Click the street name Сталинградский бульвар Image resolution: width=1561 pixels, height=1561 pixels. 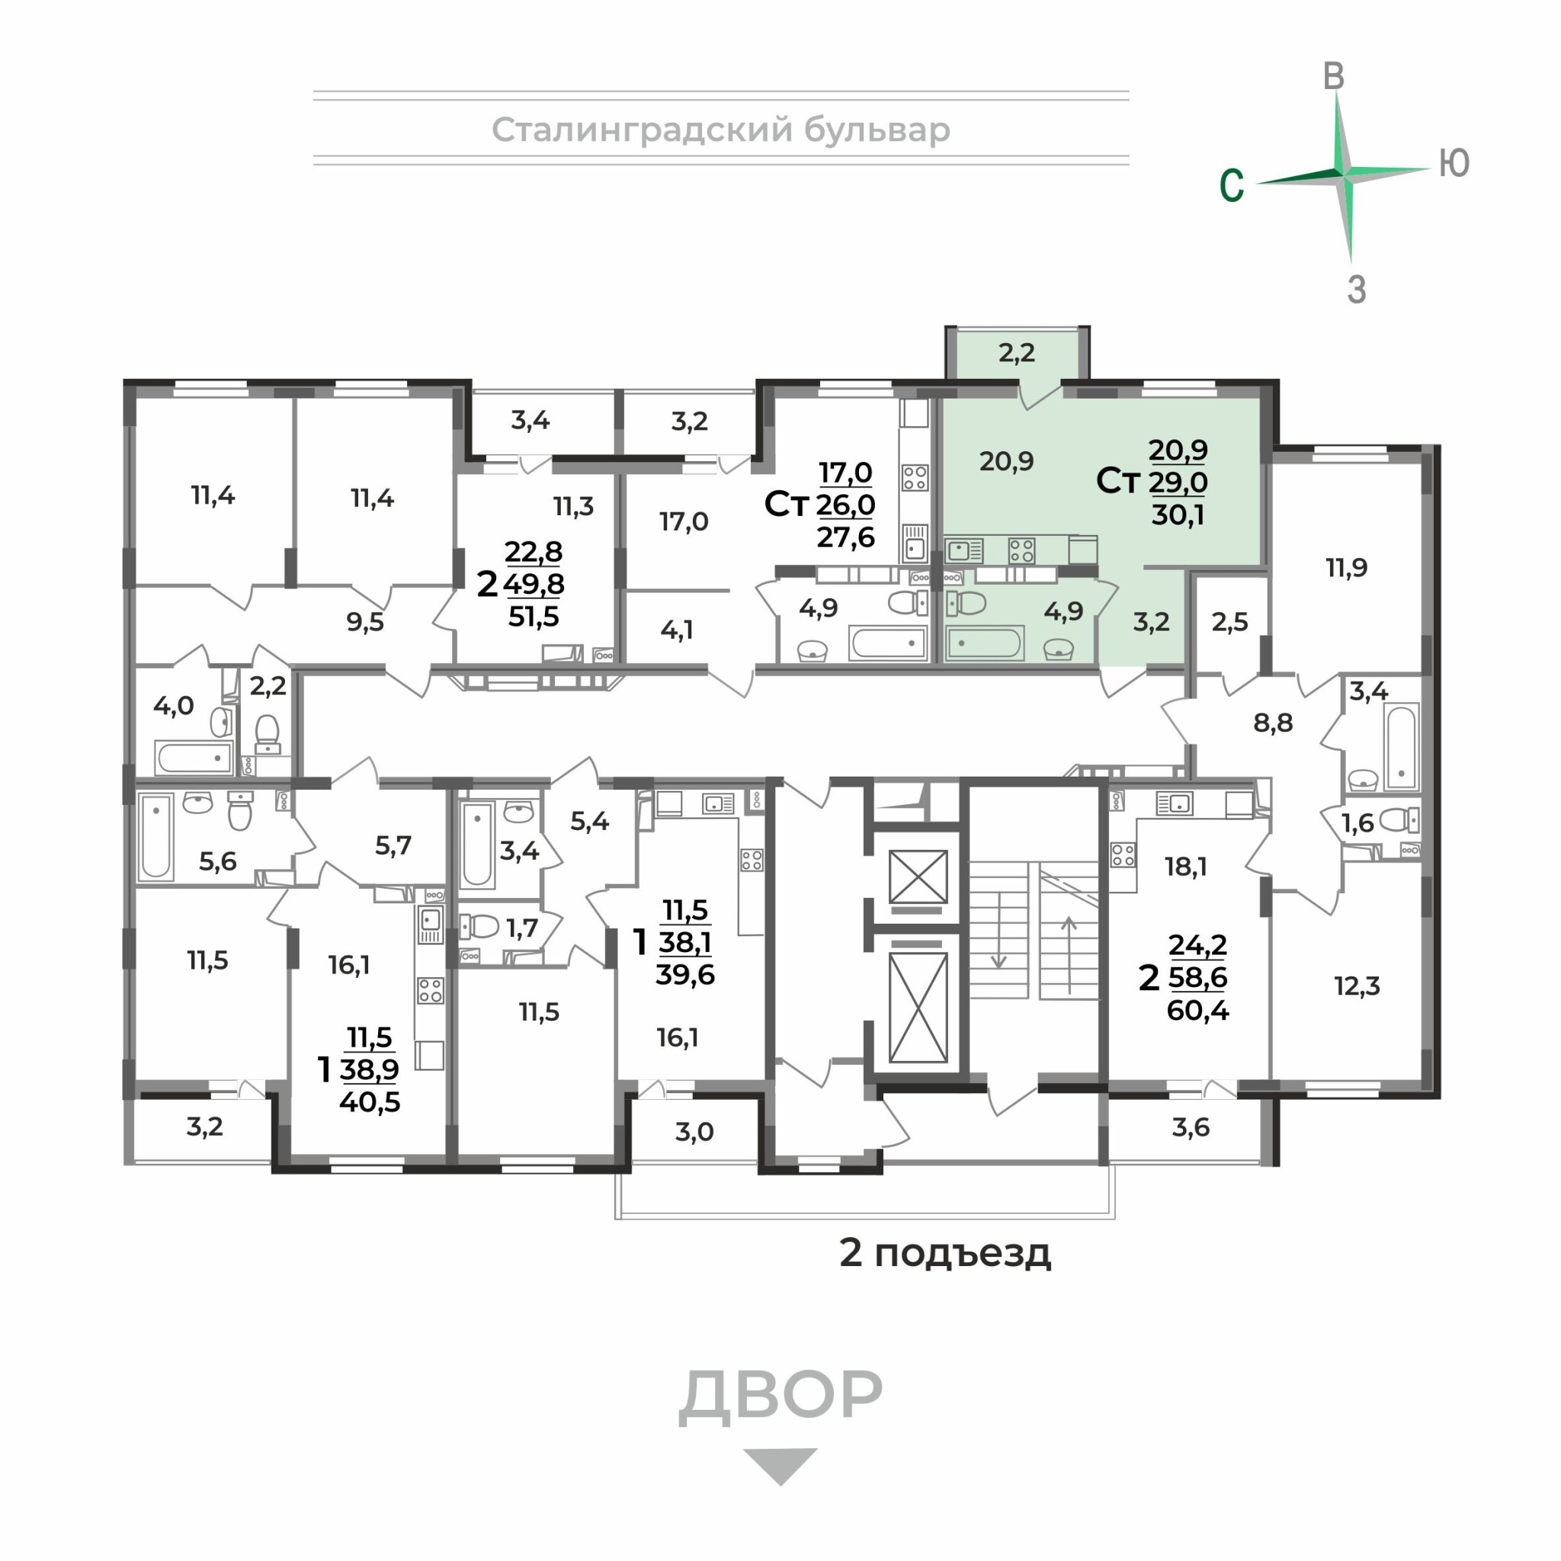[x=721, y=130]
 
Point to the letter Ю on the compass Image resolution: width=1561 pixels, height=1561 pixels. [x=1454, y=163]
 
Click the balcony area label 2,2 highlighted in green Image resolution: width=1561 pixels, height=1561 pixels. [x=1017, y=352]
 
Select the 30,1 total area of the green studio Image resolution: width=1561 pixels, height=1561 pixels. [x=1178, y=514]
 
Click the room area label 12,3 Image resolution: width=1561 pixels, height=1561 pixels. [x=1357, y=986]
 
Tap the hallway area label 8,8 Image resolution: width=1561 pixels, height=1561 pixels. [x=1274, y=723]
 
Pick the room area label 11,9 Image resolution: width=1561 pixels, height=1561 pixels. [x=1347, y=567]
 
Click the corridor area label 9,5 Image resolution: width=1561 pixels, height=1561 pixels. [x=365, y=622]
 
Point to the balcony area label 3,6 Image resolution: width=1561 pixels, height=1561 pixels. [x=1191, y=1127]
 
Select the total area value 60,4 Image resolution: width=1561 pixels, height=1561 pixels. [x=1197, y=1011]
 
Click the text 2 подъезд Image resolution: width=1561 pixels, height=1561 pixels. [x=945, y=1253]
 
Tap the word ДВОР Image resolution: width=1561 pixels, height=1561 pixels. [x=780, y=1395]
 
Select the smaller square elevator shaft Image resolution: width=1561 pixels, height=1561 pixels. [x=918, y=877]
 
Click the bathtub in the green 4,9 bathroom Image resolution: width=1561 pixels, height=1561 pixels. [x=985, y=643]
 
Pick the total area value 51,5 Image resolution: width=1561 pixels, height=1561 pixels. [x=534, y=617]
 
